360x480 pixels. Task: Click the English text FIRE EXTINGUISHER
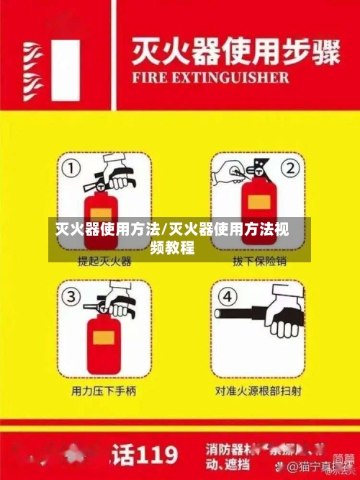210,77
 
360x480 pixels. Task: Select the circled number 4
228,296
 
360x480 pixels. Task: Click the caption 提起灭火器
104,261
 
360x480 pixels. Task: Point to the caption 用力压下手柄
104,391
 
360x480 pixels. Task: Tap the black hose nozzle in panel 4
241,314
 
